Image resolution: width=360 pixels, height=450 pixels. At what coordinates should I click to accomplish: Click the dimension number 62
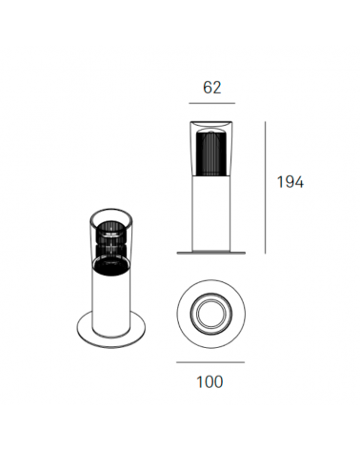click(212, 87)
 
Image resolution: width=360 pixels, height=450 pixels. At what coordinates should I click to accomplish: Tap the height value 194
click(289, 182)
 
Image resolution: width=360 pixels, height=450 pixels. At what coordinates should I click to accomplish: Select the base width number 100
click(210, 381)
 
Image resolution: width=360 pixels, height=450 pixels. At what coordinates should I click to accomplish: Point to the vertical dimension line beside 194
click(265, 187)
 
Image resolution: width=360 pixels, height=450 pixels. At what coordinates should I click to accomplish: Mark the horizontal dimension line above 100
click(210, 361)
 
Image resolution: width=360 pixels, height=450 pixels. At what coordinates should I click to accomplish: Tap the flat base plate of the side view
click(210, 253)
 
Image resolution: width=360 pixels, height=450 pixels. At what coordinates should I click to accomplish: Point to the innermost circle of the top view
click(210, 312)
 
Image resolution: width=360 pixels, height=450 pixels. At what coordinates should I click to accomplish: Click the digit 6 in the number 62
click(207, 87)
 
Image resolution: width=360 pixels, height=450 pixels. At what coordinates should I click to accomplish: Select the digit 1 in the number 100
click(199, 381)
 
